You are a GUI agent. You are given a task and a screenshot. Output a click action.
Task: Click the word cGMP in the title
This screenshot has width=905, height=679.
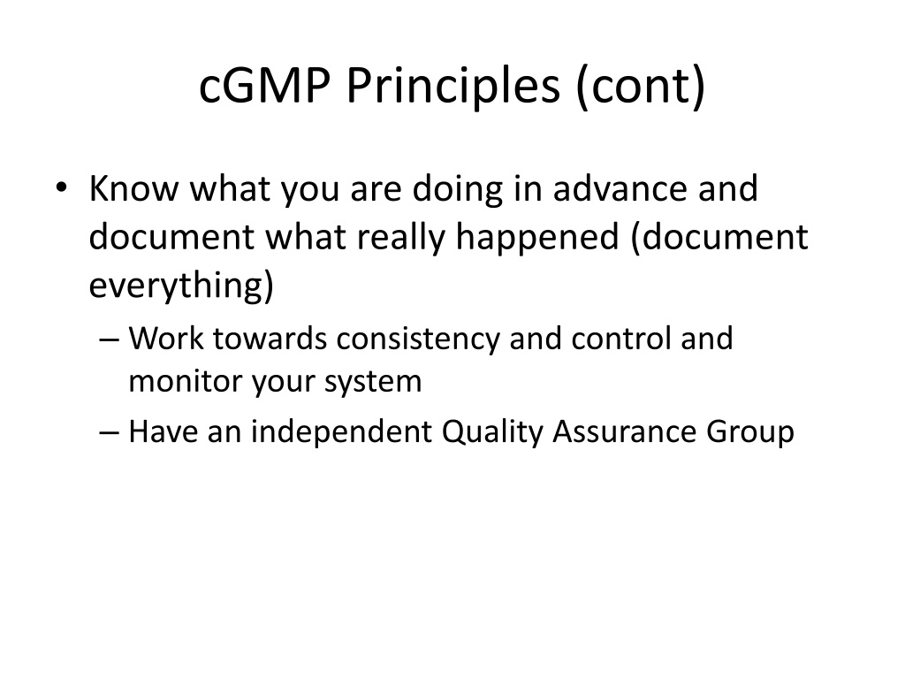click(x=265, y=86)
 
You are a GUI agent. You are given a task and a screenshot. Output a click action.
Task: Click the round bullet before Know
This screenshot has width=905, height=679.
click(x=61, y=187)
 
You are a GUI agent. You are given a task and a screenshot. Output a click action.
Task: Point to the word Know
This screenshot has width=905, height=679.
click(x=134, y=188)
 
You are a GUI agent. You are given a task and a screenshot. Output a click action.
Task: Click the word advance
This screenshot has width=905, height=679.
click(x=620, y=188)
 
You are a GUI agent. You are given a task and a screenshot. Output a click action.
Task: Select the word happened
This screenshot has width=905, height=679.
click(x=537, y=238)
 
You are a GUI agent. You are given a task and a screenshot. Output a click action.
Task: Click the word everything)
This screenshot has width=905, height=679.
click(x=181, y=286)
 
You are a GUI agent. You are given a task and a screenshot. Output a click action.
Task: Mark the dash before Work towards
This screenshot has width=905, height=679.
click(x=109, y=339)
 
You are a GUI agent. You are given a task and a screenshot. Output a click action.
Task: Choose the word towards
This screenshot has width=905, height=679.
click(x=270, y=339)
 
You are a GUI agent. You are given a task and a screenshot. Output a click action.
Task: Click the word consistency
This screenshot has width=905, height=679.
click(x=418, y=339)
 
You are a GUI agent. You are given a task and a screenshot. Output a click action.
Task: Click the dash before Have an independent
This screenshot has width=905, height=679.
click(x=109, y=432)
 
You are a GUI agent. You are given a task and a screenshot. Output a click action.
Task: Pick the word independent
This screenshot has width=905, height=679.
click(x=341, y=431)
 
